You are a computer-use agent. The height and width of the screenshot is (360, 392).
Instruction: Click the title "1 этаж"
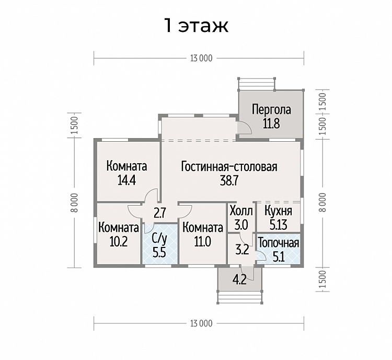coord(196,25)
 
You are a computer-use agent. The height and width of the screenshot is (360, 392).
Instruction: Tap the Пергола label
coord(271,110)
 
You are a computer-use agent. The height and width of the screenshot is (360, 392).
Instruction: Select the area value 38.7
coord(229,180)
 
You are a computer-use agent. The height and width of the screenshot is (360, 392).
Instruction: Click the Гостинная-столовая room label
coord(229,166)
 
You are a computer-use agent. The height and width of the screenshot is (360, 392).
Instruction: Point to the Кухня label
coord(278,211)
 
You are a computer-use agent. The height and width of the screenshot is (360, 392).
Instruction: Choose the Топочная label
coord(279,243)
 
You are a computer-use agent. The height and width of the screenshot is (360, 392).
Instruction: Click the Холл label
coord(241,211)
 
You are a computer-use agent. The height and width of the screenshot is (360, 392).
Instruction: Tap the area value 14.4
coord(126,180)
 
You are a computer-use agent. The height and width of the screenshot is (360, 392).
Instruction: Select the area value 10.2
coord(119,242)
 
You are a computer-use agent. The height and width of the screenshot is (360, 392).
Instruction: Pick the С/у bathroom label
coord(159,240)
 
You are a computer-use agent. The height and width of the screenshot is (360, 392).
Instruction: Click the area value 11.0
coord(203,242)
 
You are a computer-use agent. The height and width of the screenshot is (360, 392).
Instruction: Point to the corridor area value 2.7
coord(160,213)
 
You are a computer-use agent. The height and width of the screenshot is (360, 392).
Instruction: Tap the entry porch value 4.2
coord(239,279)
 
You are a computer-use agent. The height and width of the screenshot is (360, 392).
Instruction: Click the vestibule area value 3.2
coord(242,250)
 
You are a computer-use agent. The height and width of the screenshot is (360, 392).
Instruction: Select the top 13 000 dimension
coord(201,58)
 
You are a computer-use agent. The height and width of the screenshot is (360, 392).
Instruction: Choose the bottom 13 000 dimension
coord(201,323)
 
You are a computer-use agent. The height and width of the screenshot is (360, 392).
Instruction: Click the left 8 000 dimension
coord(74,203)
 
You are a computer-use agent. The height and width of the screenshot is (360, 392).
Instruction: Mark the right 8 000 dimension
coord(322,203)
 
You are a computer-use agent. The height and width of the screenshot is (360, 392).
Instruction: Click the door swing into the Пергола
coord(244,128)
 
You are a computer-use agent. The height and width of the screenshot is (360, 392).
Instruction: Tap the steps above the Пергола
coord(257,83)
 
